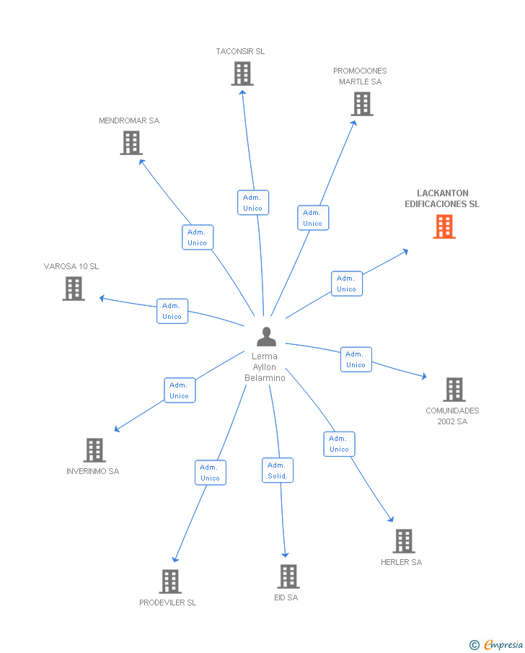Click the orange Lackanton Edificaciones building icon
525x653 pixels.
[444, 227]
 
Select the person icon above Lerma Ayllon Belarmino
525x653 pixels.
[266, 337]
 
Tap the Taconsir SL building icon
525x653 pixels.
[242, 74]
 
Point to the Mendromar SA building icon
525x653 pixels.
[131, 143]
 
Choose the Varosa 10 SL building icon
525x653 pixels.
[73, 289]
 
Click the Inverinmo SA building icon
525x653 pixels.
[94, 450]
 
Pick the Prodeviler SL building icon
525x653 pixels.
[169, 582]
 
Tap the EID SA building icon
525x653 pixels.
[288, 577]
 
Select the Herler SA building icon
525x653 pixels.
[403, 541]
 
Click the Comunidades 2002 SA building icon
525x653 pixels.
[454, 390]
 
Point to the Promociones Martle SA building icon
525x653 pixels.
[361, 104]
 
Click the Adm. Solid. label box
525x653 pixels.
[278, 470]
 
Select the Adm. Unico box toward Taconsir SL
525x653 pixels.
[252, 203]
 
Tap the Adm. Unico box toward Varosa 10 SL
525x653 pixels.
[172, 311]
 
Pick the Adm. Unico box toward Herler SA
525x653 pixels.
[339, 444]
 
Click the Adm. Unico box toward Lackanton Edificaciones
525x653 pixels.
[346, 284]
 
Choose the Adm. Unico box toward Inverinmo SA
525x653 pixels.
[179, 390]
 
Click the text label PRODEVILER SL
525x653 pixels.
[167, 602]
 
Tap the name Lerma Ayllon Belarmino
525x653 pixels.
[265, 367]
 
